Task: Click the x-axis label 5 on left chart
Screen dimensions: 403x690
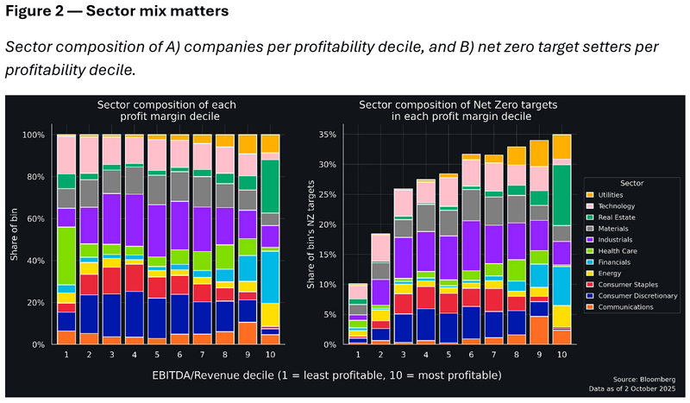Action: (156, 354)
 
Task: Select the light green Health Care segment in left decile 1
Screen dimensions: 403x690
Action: (66, 255)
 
